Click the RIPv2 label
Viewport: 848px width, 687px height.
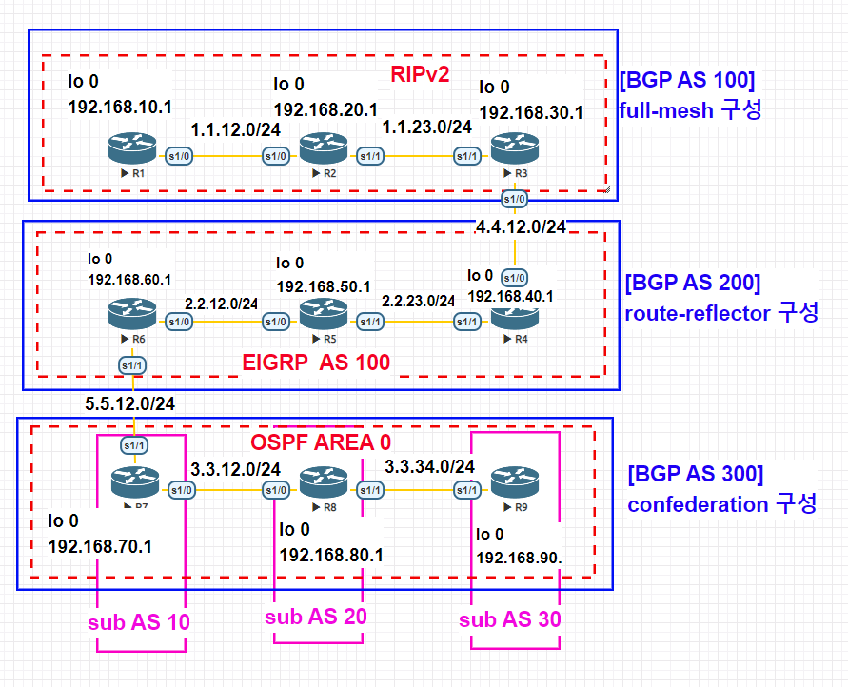(419, 73)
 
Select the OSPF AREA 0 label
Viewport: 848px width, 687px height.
(321, 442)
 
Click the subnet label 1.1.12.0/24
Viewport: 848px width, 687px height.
(235, 128)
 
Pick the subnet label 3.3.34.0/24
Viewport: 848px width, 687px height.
(429, 466)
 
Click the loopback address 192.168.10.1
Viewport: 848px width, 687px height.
(119, 107)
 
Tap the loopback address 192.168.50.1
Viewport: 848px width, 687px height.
(327, 285)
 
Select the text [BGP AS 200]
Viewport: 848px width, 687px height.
(692, 283)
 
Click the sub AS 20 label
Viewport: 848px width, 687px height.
(315, 617)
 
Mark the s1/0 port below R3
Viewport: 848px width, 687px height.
(514, 200)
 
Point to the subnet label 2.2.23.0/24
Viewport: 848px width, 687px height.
(418, 301)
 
